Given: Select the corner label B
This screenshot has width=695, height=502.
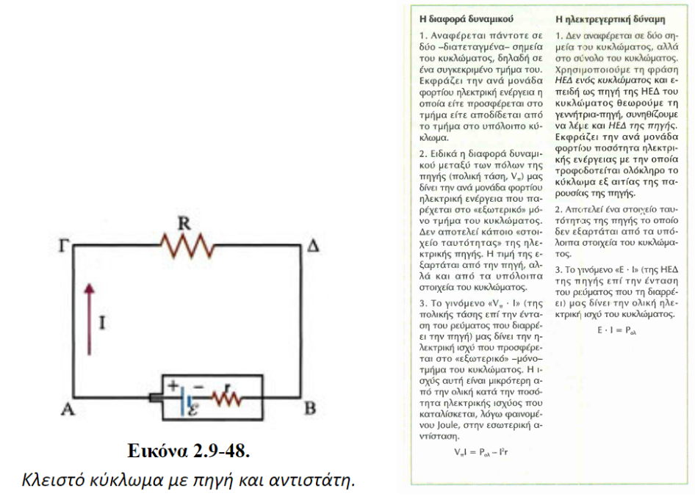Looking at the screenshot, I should pyautogui.click(x=311, y=410).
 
